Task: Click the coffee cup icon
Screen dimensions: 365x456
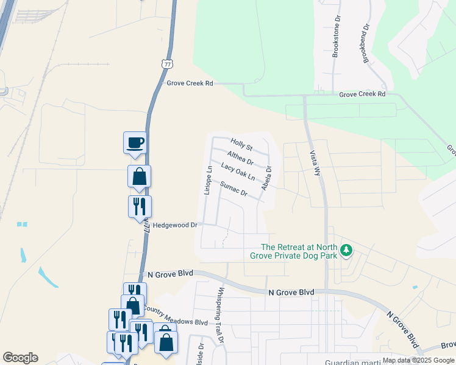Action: tap(135, 143)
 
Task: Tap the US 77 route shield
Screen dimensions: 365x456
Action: tap(167, 63)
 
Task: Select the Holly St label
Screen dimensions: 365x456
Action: tap(241, 145)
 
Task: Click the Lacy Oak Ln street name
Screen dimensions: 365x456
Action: tap(238, 172)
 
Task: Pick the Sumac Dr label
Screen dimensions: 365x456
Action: tap(234, 189)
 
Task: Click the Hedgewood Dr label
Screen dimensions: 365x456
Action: tap(176, 225)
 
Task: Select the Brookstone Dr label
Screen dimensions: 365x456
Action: tap(335, 41)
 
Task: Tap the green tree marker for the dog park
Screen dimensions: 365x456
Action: tap(346, 251)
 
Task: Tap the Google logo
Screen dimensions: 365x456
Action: tap(20, 358)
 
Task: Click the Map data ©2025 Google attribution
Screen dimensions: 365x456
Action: tap(419, 360)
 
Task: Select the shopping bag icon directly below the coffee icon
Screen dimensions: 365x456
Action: tap(140, 177)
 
